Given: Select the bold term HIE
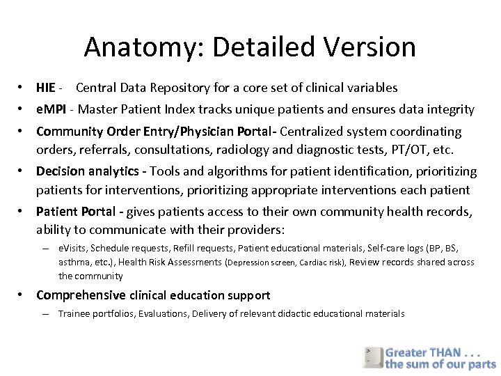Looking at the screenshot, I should pyautogui.click(x=46, y=88).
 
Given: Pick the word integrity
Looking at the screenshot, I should pyautogui.click(x=447, y=109).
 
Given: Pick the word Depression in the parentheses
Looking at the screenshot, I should pyautogui.click(x=248, y=263).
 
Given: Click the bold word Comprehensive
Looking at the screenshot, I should pyautogui.click(x=81, y=295).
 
